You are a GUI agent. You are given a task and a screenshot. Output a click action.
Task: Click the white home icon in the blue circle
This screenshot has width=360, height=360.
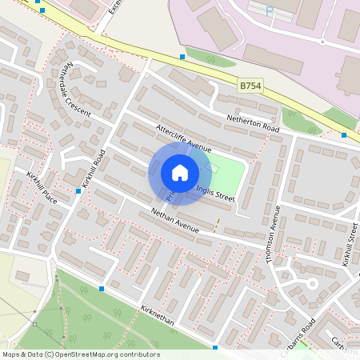coord(180,172)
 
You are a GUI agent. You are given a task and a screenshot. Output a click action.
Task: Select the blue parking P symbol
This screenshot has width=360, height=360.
coord(269,11)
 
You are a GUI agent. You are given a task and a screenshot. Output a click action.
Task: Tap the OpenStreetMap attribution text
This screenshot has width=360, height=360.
coord(81,354)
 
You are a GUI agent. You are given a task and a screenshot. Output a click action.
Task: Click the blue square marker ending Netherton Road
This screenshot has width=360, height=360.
coord(344,135)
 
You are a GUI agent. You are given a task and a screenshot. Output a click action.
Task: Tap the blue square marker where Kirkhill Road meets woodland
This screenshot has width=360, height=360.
coord(102,288)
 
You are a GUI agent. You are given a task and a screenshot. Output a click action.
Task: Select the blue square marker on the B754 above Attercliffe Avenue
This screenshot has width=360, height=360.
coord(182,57)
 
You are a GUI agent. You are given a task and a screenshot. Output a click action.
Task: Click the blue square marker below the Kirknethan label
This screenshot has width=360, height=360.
coord(215,347)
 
